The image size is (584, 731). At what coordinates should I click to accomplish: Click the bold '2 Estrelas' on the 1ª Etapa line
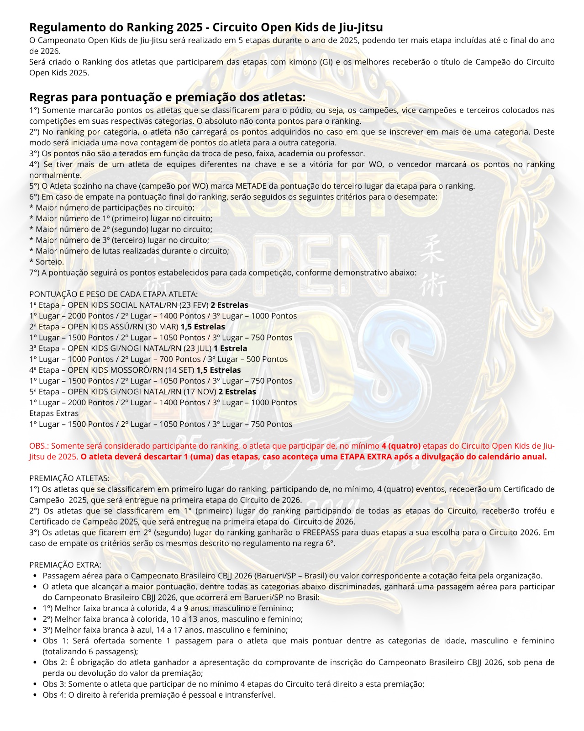(x=229, y=305)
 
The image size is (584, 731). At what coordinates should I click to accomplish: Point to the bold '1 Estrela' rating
(x=230, y=349)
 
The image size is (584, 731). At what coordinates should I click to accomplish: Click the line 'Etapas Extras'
(x=54, y=413)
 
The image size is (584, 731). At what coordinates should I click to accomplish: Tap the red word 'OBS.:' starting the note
(x=39, y=446)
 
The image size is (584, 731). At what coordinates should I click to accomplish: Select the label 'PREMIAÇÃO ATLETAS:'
(x=69, y=478)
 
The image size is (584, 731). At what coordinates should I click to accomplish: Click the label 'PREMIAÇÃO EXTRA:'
(x=65, y=565)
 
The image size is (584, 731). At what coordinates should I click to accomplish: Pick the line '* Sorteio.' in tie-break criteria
(x=47, y=262)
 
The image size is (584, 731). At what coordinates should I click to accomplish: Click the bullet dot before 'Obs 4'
(x=35, y=695)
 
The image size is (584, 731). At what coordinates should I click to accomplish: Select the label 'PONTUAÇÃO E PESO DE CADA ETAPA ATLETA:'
(x=114, y=294)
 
